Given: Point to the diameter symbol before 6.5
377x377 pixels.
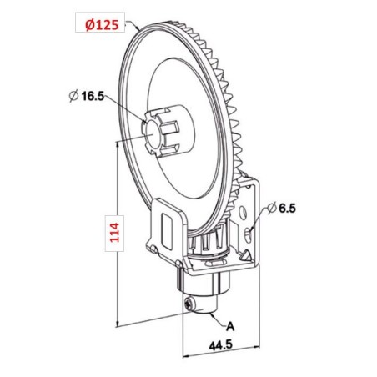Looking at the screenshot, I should coord(272,205).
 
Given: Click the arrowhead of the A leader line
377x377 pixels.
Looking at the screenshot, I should coord(208,310).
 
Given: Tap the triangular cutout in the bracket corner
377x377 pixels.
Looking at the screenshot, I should coord(152,246).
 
